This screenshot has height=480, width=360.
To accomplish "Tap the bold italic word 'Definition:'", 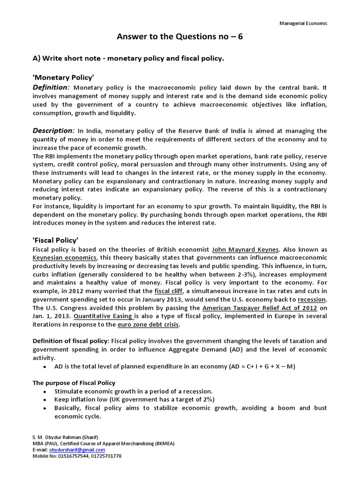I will [51, 88].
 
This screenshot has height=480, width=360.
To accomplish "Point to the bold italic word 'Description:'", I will [53, 130].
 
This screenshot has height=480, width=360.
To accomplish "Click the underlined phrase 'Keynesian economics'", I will [64, 258].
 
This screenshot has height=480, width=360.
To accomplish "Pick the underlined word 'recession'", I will [312, 299].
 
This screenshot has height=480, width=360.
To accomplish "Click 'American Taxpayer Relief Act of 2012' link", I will [260, 307].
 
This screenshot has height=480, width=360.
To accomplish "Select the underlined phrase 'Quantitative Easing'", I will [102, 316].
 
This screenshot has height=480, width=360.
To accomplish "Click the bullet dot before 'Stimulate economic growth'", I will [45, 391].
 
